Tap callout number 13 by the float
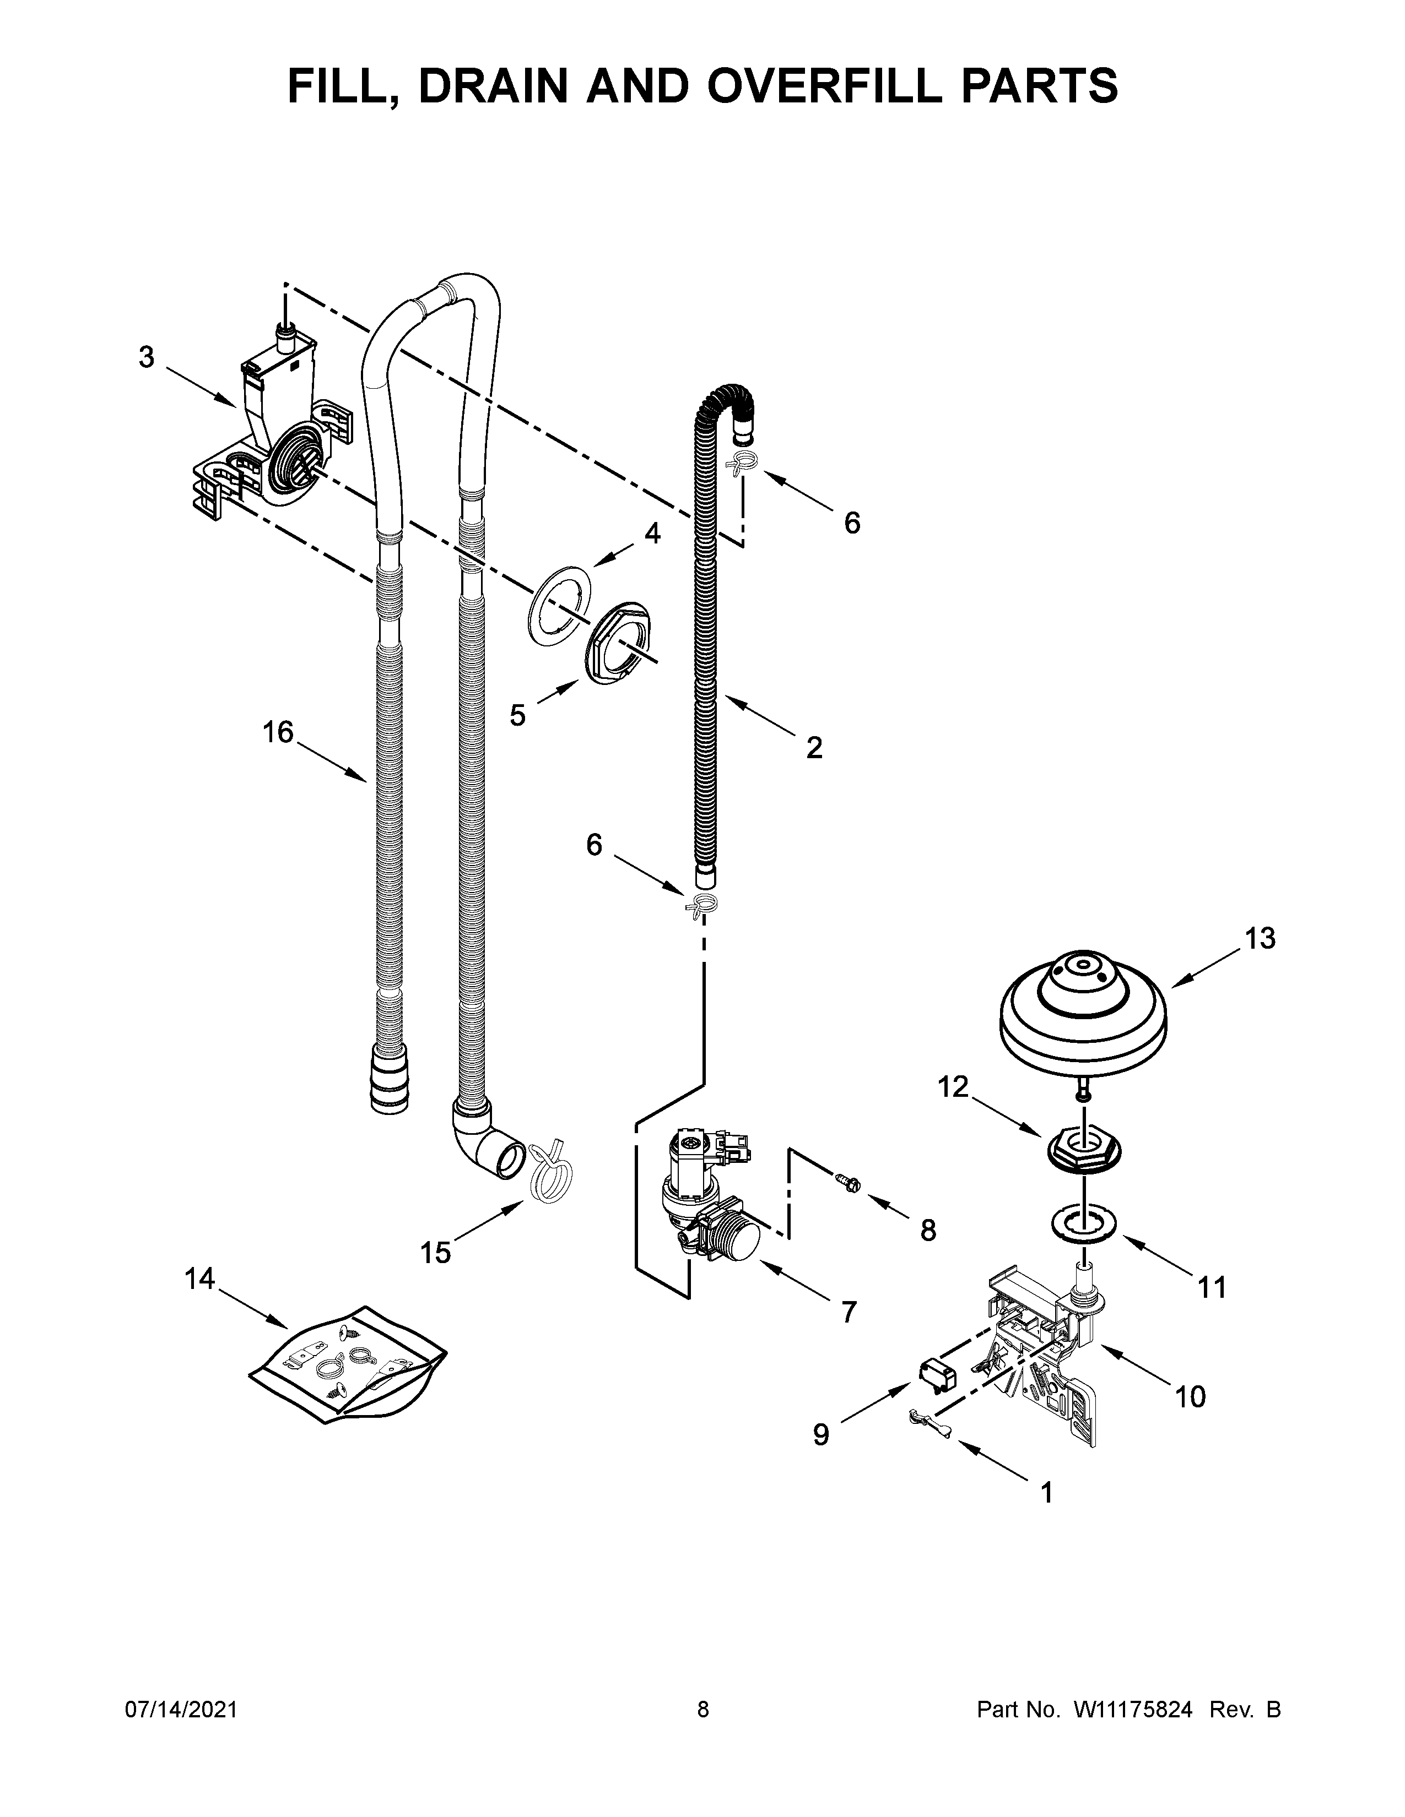(1260, 938)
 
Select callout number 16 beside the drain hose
(278, 732)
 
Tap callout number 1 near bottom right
(1047, 1493)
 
